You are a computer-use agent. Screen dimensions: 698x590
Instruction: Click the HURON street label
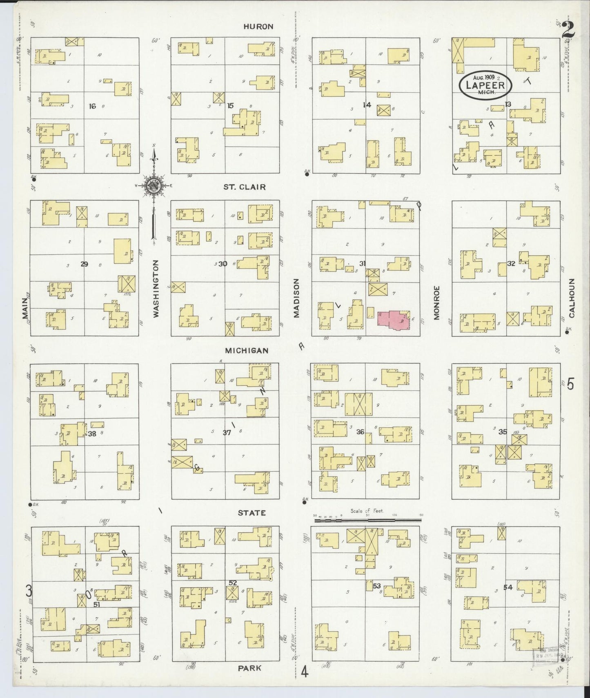258,27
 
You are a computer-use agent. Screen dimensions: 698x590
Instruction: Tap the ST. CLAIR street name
244,187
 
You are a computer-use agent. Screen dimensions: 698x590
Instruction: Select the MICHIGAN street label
247,351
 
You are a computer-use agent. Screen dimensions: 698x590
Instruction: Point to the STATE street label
252,513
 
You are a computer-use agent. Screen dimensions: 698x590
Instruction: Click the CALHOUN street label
572,298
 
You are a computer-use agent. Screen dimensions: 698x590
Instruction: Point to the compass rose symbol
154,185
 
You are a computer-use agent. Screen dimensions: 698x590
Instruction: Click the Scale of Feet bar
367,520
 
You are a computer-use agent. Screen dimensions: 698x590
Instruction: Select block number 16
92,106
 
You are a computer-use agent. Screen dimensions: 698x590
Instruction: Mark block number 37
227,433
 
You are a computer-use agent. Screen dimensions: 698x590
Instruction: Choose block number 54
508,587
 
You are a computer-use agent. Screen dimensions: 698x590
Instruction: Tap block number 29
84,264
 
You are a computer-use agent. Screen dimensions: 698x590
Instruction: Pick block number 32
511,264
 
